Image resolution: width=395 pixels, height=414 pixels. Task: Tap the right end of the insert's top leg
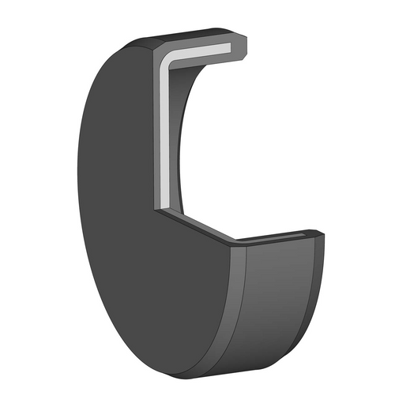228,48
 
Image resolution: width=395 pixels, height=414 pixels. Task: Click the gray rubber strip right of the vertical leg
173,134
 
